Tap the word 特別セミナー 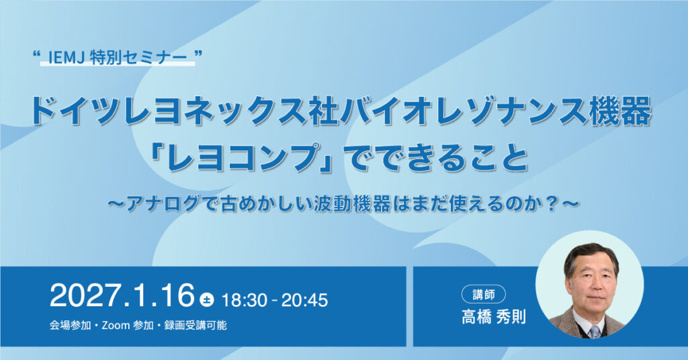(x=138, y=58)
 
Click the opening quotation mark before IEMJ (x=37, y=55)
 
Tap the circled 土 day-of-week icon (x=207, y=300)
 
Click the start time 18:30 (x=244, y=300)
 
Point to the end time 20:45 (x=304, y=300)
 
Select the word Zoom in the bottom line (x=116, y=325)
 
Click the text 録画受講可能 (x=196, y=325)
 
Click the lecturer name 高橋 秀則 (x=494, y=316)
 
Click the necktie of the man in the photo (x=595, y=332)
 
